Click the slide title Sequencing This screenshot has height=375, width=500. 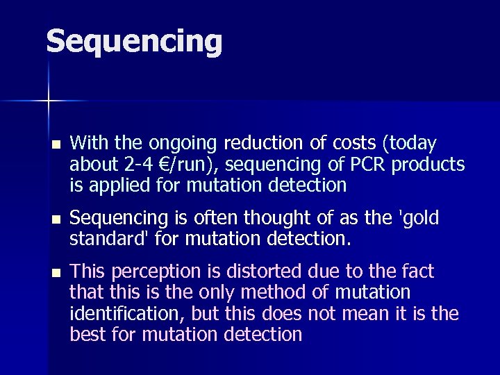point(134,42)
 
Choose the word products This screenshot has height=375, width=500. point(431,165)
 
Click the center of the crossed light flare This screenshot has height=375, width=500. point(48,101)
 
